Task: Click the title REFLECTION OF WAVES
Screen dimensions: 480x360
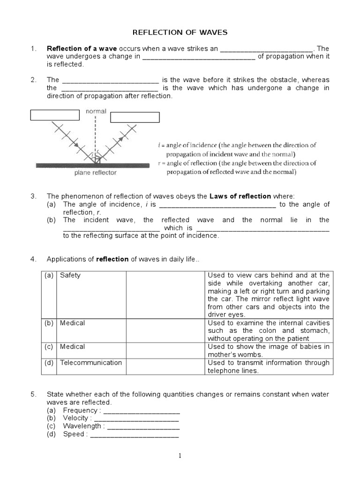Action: (x=180, y=32)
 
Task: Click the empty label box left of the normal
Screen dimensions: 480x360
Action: (x=55, y=115)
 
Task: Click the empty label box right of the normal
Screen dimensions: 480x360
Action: (x=135, y=117)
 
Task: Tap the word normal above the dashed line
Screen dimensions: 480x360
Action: (x=96, y=112)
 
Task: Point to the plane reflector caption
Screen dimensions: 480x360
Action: (x=95, y=172)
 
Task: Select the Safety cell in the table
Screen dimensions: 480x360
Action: (x=70, y=276)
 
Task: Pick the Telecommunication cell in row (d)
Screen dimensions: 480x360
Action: (x=90, y=362)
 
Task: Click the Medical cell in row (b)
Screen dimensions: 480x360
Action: (x=73, y=323)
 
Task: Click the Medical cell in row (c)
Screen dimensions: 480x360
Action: (x=73, y=346)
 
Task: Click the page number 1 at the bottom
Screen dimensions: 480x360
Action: (x=180, y=456)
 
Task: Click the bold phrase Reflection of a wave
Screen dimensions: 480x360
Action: (x=82, y=49)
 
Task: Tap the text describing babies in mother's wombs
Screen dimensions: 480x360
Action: (x=269, y=351)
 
